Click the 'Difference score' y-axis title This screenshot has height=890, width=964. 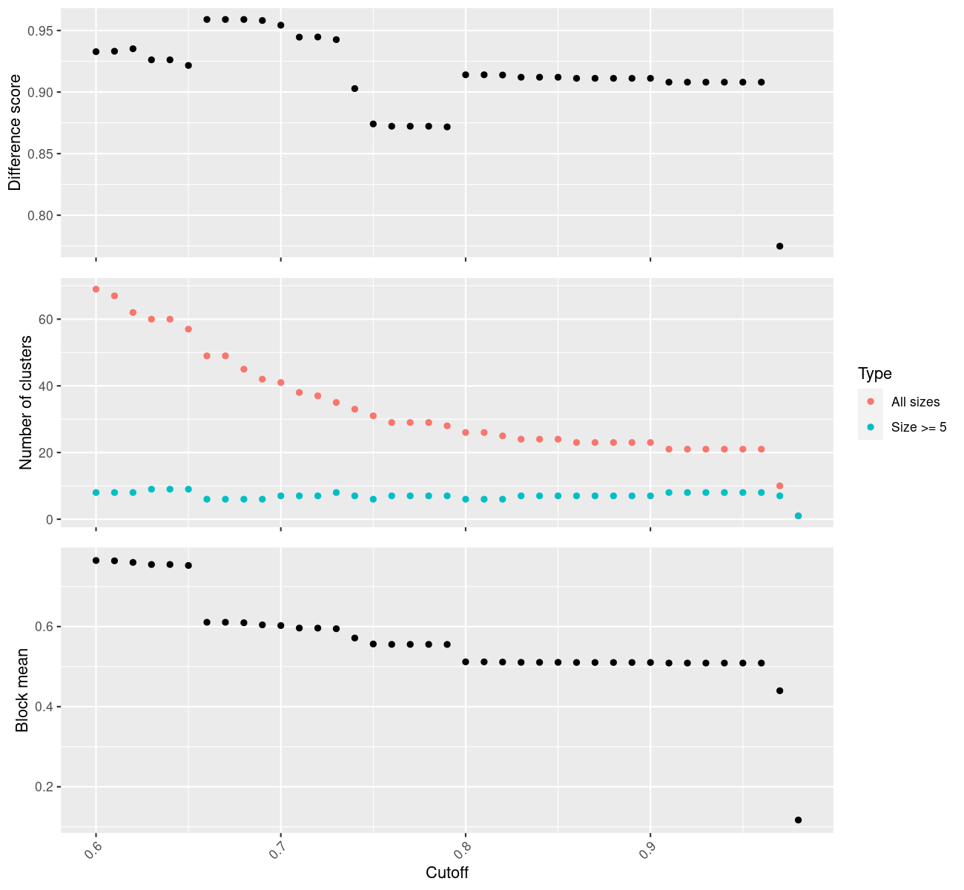(x=15, y=133)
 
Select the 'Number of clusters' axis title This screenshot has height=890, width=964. (x=27, y=402)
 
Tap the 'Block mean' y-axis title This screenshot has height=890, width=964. (x=22, y=690)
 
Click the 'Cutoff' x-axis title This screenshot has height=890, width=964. (x=447, y=872)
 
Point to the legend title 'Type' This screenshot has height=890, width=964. (x=874, y=374)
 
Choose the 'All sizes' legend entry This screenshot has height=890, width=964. (x=915, y=402)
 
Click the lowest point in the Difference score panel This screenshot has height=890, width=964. (x=779, y=246)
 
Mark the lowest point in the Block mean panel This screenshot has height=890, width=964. (x=798, y=820)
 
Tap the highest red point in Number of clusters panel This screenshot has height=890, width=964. (x=96, y=289)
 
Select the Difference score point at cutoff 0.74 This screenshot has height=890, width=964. (x=354, y=88)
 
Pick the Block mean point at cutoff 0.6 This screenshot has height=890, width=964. (x=96, y=560)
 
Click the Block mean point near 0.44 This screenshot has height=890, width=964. (x=779, y=690)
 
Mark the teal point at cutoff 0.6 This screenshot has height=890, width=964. (x=96, y=492)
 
